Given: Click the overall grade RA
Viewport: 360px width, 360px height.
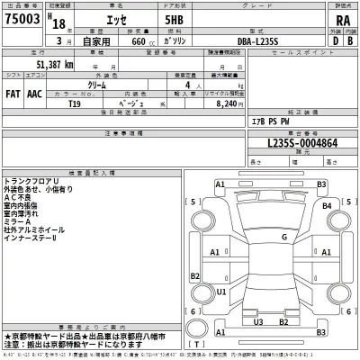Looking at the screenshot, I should (341, 22).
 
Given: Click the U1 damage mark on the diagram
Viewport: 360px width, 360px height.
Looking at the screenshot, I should (220, 292).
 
